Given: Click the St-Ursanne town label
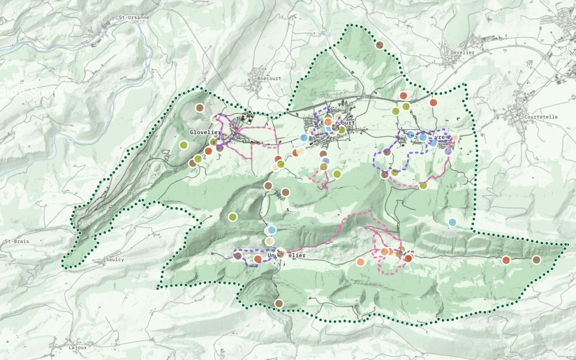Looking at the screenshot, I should tap(133, 17).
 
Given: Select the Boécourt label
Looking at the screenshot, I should tap(269, 78).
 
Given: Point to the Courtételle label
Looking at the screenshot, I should tap(540, 117).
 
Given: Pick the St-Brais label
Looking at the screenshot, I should tap(17, 241).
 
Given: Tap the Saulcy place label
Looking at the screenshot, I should tap(115, 260).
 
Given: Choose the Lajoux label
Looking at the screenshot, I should tap(77, 347).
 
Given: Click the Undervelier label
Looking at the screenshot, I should tap(288, 256).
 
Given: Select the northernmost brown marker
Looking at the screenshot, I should tap(380, 45).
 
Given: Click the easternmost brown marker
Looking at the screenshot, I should tap(536, 260).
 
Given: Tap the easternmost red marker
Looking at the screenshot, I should tap(506, 260).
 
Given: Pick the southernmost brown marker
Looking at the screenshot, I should tap(278, 303).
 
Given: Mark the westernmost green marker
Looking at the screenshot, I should tap(183, 145).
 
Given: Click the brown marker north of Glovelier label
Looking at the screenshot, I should tap(199, 108).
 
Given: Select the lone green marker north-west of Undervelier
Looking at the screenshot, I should tap(233, 217).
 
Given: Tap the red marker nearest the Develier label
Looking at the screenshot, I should tap(433, 102).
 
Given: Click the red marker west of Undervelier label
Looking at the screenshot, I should tap(258, 259).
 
